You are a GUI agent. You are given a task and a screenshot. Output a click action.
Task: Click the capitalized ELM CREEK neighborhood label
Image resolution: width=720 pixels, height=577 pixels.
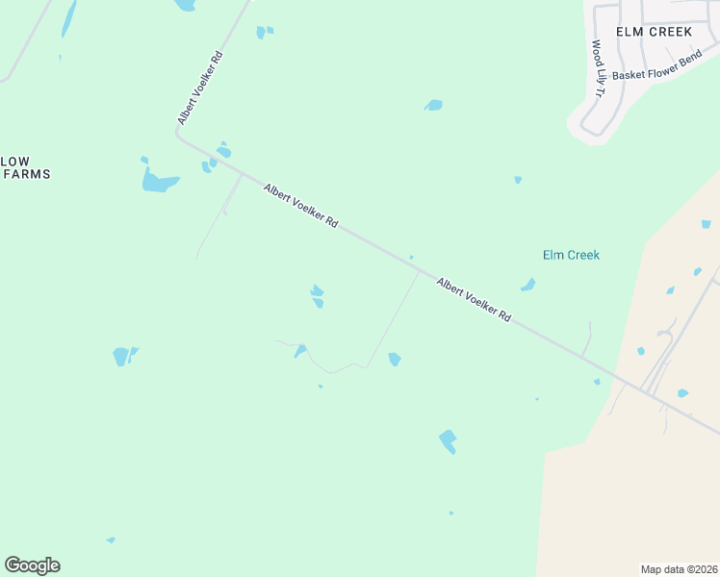[x=655, y=32]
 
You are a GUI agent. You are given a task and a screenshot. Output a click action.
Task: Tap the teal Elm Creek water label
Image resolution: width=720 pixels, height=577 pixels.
[x=571, y=255]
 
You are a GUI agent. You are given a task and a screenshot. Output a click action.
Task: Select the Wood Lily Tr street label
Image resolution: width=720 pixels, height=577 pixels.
[x=598, y=68]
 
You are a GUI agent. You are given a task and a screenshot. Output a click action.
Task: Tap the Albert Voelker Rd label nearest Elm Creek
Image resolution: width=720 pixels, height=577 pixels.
[x=473, y=299]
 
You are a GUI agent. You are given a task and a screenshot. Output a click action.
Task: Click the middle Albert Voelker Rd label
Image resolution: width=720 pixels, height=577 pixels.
[x=300, y=207]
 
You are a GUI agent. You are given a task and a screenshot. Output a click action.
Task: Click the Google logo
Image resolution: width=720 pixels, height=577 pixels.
[x=32, y=565]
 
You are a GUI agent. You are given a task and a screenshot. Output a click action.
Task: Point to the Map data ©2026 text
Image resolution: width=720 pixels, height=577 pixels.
[x=679, y=569]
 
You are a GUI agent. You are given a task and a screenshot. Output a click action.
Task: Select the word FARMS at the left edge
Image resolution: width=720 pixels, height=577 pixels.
[x=27, y=174]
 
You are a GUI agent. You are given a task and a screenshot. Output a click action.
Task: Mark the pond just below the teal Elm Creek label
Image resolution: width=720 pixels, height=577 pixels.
[x=527, y=285]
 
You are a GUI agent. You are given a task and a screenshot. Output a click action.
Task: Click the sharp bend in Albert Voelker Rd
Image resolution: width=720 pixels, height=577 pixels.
[x=179, y=136]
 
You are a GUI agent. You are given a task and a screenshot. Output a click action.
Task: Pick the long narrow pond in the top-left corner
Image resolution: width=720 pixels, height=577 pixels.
[x=67, y=18]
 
